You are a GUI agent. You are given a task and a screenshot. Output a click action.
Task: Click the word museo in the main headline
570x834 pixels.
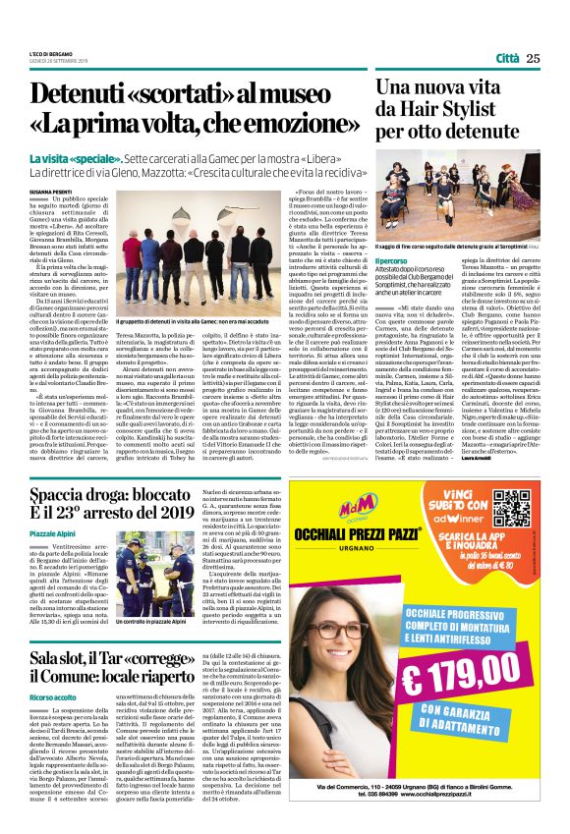[313, 96]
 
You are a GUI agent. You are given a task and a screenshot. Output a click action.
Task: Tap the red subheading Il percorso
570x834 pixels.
[391, 260]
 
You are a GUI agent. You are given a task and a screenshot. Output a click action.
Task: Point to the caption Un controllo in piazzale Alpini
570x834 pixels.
[152, 621]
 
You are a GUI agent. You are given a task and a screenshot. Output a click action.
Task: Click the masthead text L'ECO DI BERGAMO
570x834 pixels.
[50, 53]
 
